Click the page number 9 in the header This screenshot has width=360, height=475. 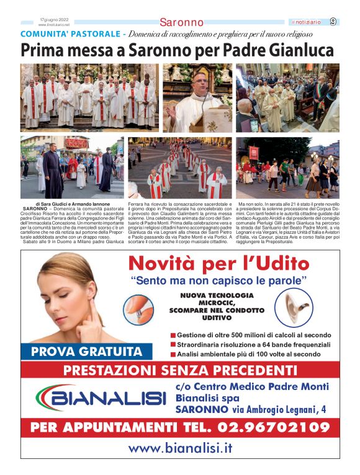tap(333, 22)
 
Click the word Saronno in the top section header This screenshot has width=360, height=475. tap(181, 23)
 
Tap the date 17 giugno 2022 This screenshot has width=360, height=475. tap(53, 20)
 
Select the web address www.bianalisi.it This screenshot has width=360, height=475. tap(180, 448)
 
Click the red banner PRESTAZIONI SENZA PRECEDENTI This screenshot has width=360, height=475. tap(180, 371)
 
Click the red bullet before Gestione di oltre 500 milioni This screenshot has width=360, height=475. tap(173, 335)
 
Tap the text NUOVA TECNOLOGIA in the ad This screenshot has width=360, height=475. tap(217, 296)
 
